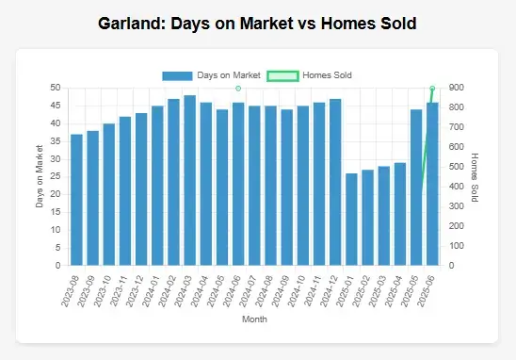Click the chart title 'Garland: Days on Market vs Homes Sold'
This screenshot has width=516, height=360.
(x=258, y=22)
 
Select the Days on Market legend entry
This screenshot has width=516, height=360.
(x=211, y=74)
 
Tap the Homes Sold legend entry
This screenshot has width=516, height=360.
(x=310, y=74)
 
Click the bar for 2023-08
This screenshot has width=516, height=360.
(x=76, y=200)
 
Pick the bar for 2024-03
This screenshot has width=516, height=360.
(x=189, y=180)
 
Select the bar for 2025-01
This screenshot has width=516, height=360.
(x=351, y=220)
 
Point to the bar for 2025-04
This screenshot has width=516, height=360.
(x=400, y=214)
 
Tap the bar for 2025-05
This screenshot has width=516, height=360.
(x=416, y=188)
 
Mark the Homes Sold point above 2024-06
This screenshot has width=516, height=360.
(x=238, y=88)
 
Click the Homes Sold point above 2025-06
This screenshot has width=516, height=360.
(x=432, y=88)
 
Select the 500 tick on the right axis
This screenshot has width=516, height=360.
(x=455, y=167)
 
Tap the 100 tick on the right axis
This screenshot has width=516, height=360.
(x=455, y=246)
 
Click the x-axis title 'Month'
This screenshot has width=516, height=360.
(x=254, y=319)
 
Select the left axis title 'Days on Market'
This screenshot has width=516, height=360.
(x=39, y=176)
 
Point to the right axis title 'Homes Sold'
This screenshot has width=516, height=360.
(x=475, y=176)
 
